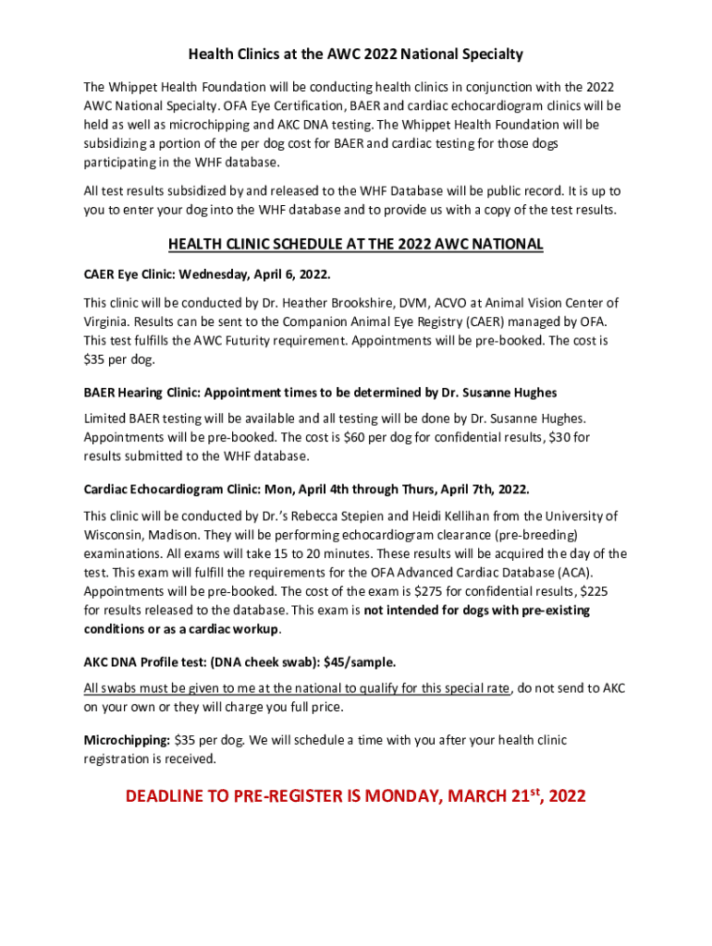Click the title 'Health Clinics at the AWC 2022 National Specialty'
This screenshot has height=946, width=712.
[356, 55]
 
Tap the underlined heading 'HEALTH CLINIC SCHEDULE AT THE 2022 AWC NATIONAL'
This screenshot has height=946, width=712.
[356, 245]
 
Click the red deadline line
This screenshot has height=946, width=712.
[356, 795]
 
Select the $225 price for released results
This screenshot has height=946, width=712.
[593, 591]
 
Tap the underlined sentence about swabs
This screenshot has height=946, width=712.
[296, 688]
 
